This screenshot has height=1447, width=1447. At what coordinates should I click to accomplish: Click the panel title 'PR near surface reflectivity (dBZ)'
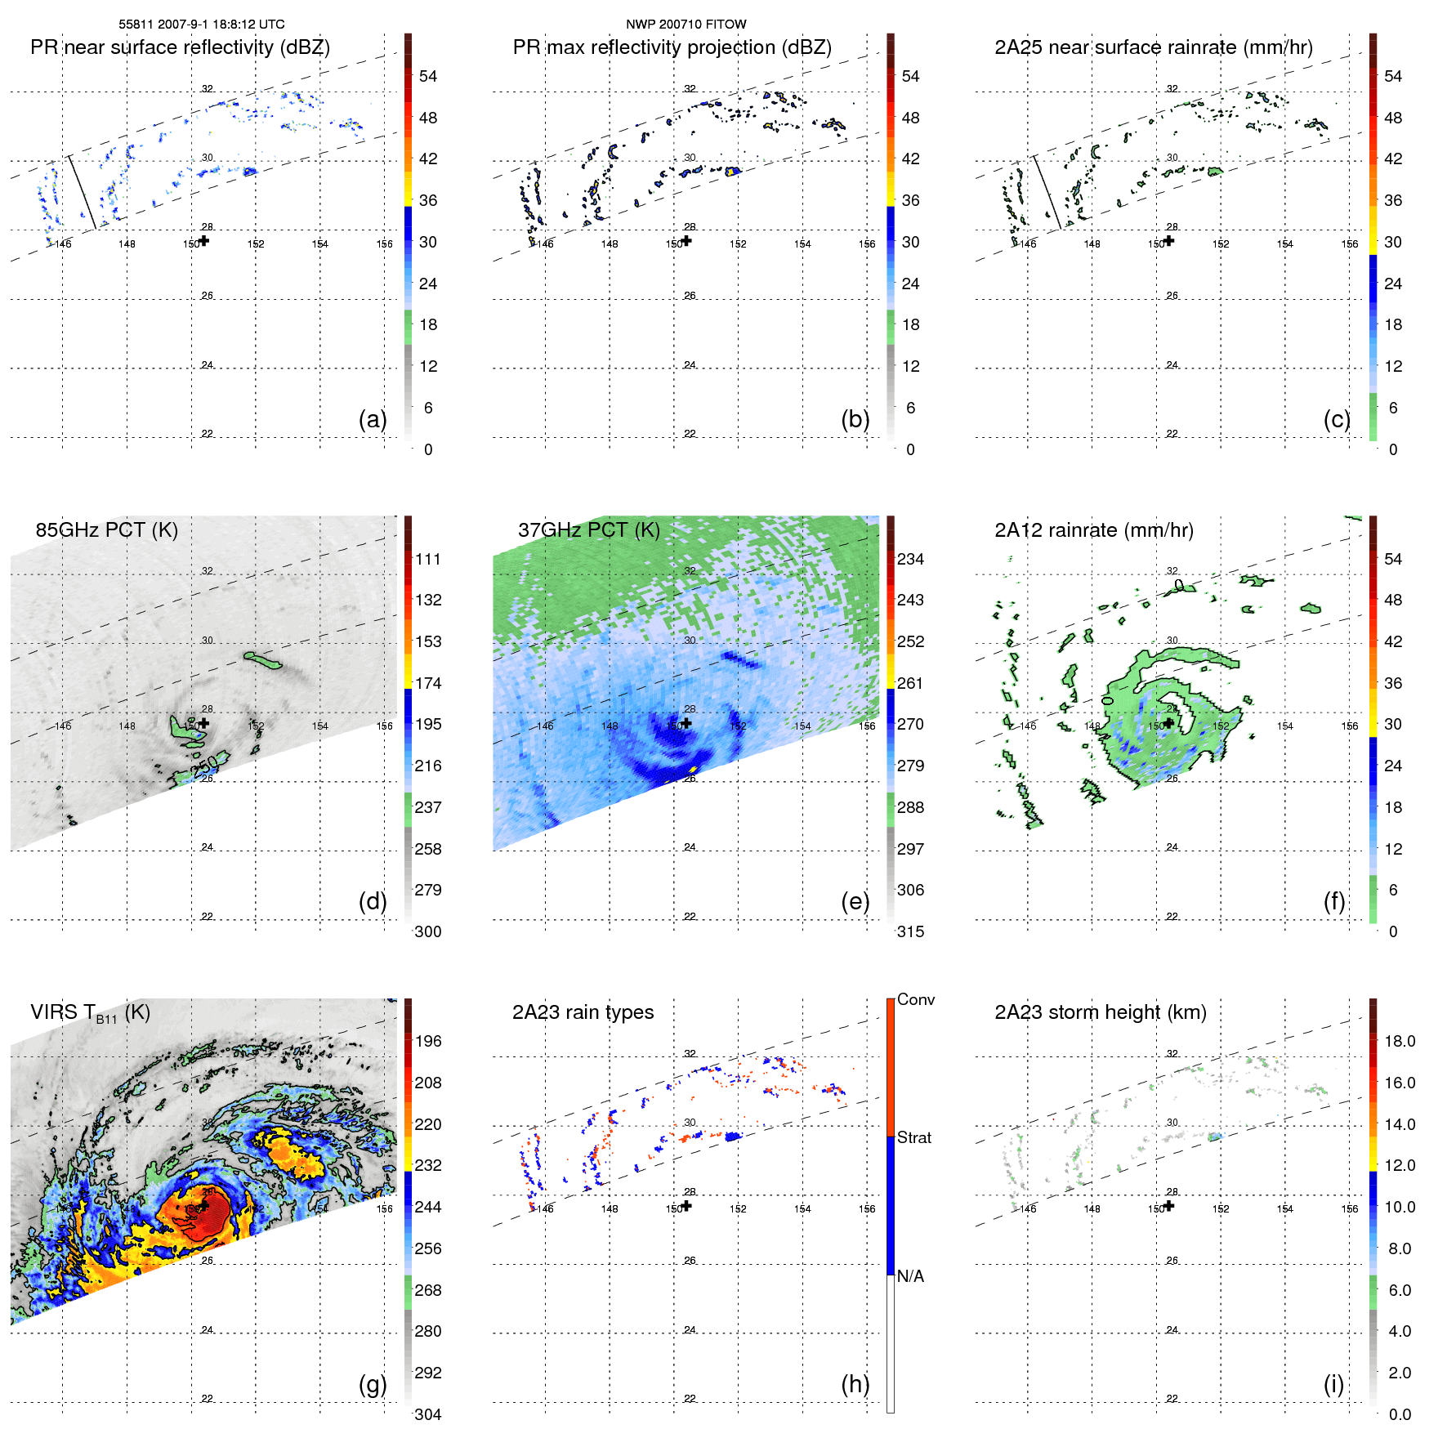pos(180,47)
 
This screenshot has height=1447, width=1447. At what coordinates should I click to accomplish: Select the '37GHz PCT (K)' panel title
pos(588,530)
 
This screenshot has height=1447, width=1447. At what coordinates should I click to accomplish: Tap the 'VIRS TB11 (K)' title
pos(90,1013)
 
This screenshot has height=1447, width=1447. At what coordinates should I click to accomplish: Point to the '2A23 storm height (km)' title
pos(1100,1012)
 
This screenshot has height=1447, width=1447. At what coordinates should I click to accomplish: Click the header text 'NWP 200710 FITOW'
pos(686,25)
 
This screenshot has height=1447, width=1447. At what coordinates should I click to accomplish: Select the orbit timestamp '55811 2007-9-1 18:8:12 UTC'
pos(202,25)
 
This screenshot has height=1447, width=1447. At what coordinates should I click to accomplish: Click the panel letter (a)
pos(373,419)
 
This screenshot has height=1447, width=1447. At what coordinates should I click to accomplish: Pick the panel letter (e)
pos(855,901)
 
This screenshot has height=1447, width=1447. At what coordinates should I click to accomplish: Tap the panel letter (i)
pos(1333,1384)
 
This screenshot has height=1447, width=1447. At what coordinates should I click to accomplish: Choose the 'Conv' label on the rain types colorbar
pos(915,999)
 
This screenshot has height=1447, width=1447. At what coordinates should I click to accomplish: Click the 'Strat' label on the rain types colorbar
pos(913,1137)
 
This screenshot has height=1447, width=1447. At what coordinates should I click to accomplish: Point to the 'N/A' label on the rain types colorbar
pos(910,1276)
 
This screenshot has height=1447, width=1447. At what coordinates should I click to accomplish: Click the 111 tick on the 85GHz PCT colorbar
pos(427,559)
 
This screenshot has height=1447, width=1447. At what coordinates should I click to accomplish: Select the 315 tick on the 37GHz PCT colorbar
pos(910,931)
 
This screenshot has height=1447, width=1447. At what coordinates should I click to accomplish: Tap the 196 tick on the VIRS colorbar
pos(427,1041)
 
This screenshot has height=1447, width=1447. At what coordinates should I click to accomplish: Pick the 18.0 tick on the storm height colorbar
pos(1399,1041)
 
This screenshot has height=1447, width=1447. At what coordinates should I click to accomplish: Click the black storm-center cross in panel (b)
pos(686,241)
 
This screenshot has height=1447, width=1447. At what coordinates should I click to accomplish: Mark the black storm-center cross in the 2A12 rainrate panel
pos(1169,723)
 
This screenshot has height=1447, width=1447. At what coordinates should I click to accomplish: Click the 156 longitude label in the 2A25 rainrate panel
pos(1349,244)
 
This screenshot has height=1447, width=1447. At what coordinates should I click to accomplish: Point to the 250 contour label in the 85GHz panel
pos(204,766)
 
